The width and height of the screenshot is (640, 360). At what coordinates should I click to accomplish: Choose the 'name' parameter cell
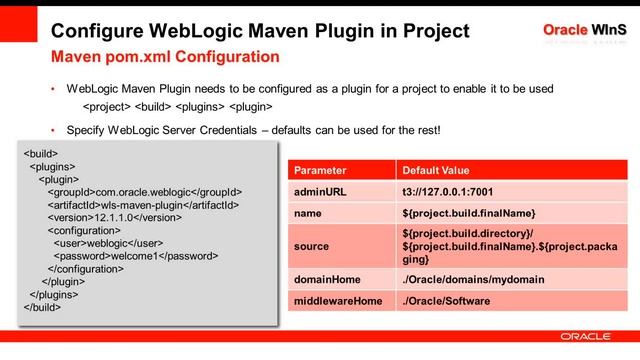pyautogui.click(x=310, y=213)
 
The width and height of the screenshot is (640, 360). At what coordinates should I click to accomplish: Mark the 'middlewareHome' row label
pyautogui.click(x=338, y=300)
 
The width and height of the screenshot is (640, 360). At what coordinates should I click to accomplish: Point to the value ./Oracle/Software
pyautogui.click(x=447, y=300)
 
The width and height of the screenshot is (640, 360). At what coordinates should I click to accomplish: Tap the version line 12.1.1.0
pyautogui.click(x=113, y=218)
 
